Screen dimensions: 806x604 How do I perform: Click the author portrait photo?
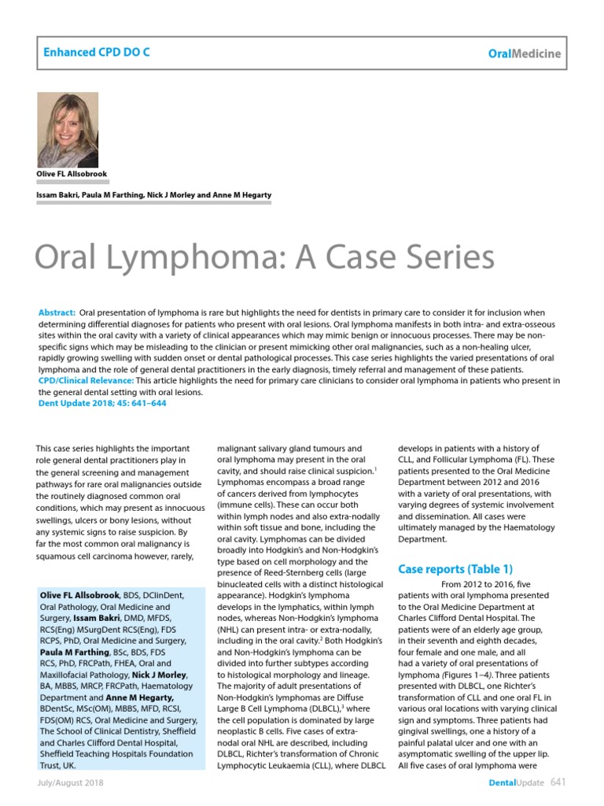coord(68,129)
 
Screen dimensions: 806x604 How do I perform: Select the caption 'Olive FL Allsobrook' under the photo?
coord(72,174)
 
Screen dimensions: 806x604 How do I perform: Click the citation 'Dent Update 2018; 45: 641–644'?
coord(102,403)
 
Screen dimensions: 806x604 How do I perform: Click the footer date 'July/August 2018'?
coord(69,784)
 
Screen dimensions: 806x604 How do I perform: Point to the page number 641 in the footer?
coord(558,782)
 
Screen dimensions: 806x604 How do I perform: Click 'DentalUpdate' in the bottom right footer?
coord(515,784)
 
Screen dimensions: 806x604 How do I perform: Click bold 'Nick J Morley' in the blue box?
coord(162,675)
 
